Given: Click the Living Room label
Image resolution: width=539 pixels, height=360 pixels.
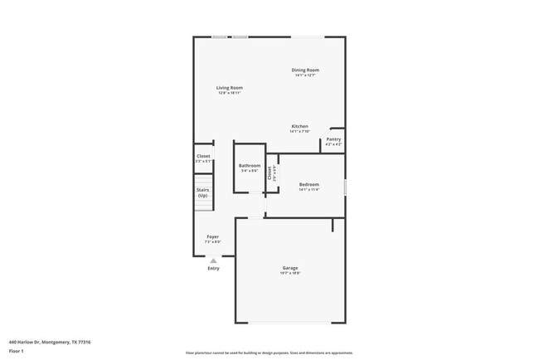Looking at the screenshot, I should [x=230, y=87].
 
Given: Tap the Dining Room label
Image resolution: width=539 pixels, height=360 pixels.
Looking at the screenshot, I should [x=304, y=70].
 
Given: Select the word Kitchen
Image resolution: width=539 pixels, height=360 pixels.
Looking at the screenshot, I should [x=299, y=126].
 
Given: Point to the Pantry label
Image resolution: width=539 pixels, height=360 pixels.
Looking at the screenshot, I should [x=333, y=139].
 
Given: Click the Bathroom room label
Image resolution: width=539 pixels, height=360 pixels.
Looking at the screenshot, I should [x=250, y=165].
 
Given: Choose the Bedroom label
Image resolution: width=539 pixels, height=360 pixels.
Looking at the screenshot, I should [x=309, y=183].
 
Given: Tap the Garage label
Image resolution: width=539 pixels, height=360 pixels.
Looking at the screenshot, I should [x=290, y=267].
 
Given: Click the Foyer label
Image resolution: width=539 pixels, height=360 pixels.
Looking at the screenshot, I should [x=213, y=236].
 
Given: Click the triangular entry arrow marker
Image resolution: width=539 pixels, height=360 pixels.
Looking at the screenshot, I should [x=213, y=260].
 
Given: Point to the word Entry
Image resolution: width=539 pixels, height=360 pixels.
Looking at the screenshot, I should [x=213, y=268].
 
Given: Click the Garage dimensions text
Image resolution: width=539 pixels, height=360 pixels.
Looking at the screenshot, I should [x=290, y=273].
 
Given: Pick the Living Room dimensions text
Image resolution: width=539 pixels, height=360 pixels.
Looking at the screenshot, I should [x=230, y=93].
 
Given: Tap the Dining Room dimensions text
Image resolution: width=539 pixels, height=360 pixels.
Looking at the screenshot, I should [x=304, y=75].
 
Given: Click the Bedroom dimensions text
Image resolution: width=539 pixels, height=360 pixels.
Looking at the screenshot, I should [x=309, y=189].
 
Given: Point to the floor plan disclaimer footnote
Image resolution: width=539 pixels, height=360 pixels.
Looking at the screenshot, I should [x=269, y=353].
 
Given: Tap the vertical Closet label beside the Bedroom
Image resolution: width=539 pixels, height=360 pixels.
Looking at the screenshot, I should [x=270, y=173].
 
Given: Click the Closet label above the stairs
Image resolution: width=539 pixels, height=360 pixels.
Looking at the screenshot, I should [x=203, y=157].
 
